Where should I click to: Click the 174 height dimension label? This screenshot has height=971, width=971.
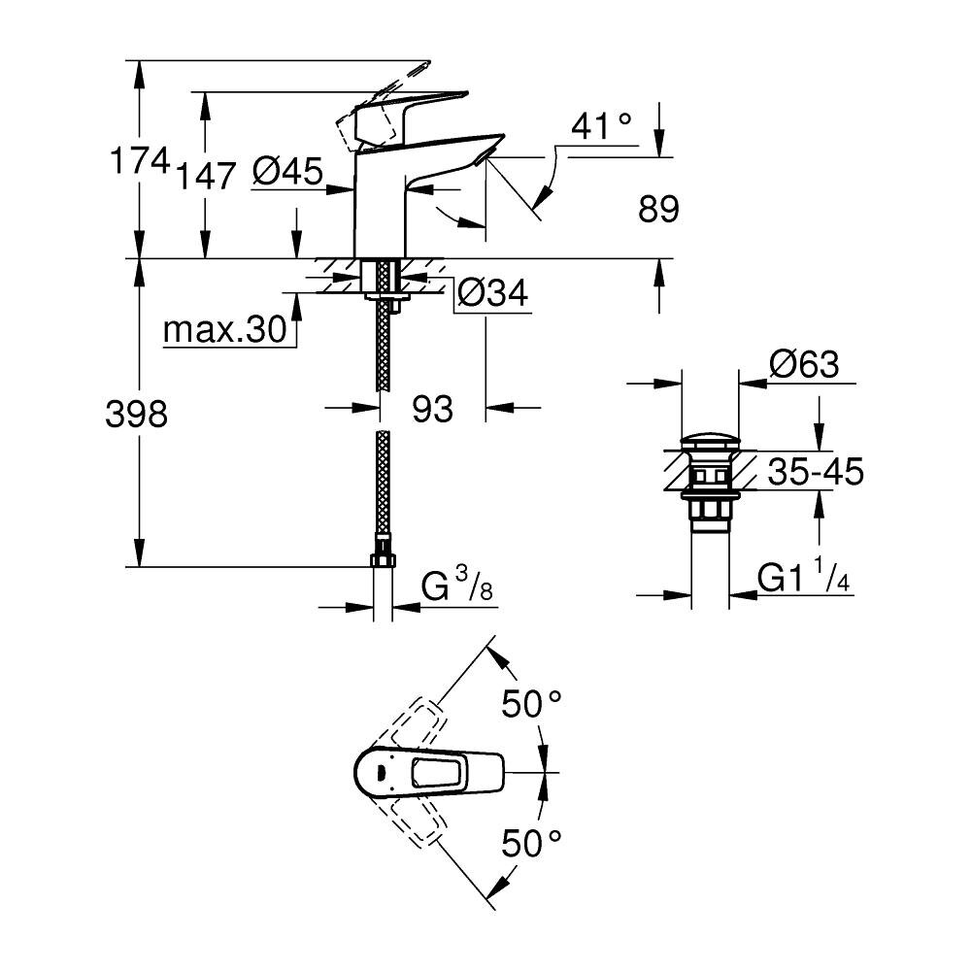139,161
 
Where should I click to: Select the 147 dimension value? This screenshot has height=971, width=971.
206,176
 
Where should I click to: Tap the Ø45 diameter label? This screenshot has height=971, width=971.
288,171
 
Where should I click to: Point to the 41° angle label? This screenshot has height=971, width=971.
601,126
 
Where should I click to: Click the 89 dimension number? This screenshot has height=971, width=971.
658,209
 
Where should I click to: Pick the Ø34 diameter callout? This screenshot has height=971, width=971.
493,292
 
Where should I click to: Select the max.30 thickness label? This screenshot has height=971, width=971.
225,329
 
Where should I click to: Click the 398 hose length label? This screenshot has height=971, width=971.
136,413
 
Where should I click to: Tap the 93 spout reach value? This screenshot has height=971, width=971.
432,409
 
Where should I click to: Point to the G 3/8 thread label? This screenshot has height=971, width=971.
457,585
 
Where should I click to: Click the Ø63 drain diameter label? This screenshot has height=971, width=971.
804,364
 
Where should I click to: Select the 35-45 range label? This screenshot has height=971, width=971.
815,472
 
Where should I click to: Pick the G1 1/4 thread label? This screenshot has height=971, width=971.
804,576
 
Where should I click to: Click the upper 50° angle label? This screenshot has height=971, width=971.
531,704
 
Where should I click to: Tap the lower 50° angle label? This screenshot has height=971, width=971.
531,843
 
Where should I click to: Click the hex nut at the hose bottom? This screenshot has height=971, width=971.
383,560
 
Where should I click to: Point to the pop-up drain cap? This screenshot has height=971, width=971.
710,443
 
